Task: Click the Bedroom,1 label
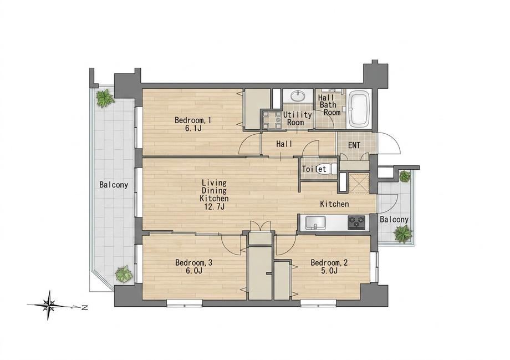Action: (193, 120)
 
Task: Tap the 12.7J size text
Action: (214, 206)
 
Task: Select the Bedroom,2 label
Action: (329, 262)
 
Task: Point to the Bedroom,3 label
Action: (193, 262)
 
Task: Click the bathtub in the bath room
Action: (359, 109)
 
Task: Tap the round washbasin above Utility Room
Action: (298, 96)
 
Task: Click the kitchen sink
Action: (315, 222)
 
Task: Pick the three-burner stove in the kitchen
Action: (356, 222)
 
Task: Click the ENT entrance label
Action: (354, 145)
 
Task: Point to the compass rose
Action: (49, 305)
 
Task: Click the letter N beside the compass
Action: (84, 307)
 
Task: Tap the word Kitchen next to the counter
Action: (334, 204)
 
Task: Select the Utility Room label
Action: (297, 119)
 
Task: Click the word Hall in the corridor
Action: (284, 144)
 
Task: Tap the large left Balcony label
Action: (114, 185)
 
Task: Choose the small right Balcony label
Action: (394, 220)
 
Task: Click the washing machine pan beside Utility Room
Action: (271, 120)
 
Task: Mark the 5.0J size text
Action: (329, 271)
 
